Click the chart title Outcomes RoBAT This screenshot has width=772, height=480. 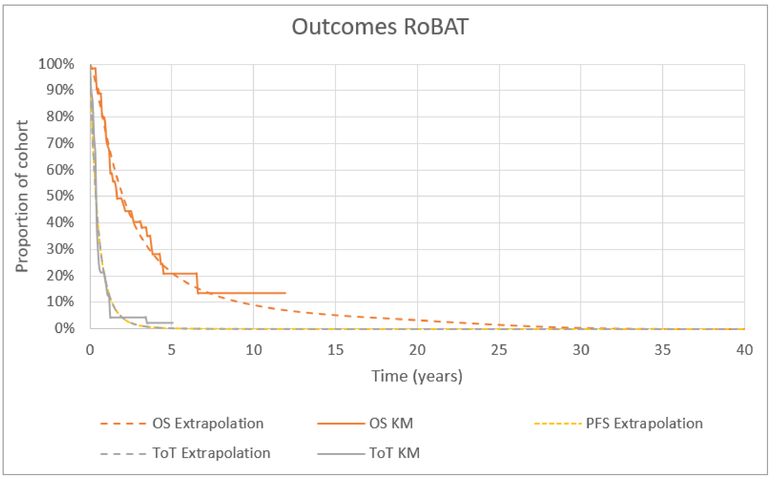[380, 27]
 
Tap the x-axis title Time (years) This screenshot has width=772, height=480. [417, 376]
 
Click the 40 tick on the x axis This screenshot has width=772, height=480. [744, 350]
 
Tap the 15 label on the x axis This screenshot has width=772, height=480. [335, 350]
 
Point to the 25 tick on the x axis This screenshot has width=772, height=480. [499, 350]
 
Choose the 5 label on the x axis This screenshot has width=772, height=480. [171, 350]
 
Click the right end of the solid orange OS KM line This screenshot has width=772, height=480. [286, 293]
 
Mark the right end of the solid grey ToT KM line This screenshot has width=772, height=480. [173, 323]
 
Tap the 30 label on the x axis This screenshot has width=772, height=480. [581, 350]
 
